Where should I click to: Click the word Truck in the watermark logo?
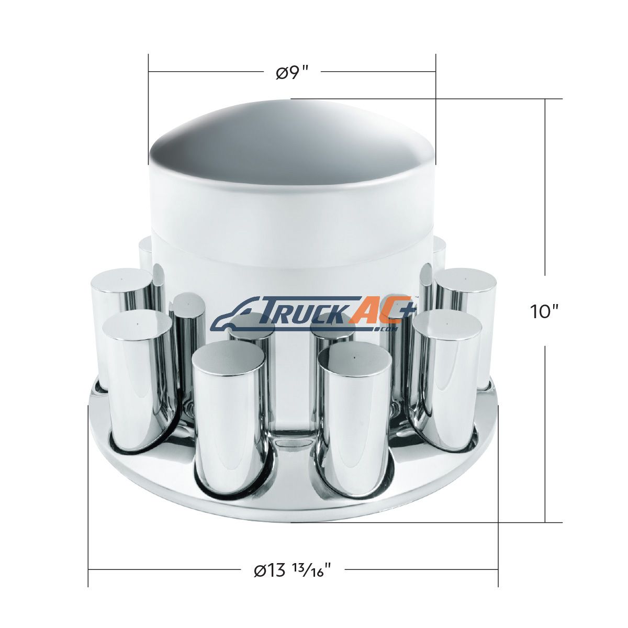pos(306,313)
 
